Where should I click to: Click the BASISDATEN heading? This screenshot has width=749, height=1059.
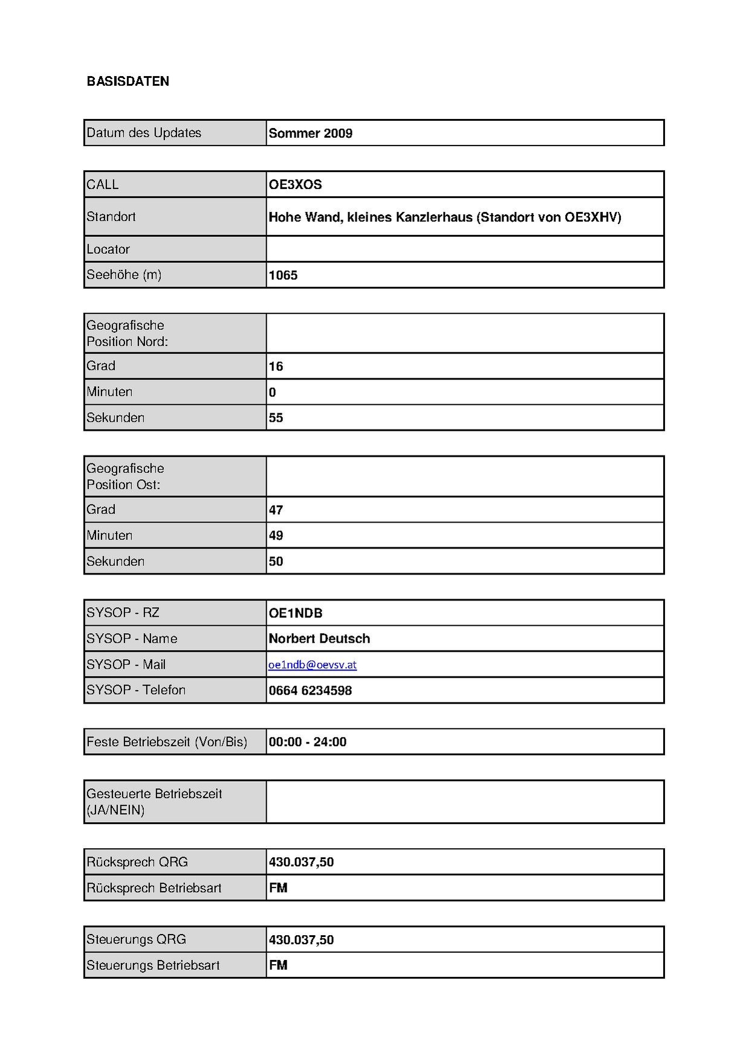click(x=128, y=82)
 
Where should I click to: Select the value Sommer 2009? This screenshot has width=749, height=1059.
click(x=310, y=134)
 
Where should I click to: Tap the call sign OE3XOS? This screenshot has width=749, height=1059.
click(x=295, y=185)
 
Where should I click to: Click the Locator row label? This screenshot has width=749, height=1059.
click(x=108, y=249)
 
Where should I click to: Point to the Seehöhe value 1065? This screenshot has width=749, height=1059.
click(x=283, y=275)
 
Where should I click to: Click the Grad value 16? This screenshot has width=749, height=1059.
click(x=276, y=367)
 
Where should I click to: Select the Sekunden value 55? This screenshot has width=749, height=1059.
click(x=276, y=418)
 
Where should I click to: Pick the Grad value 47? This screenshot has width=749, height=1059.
click(x=276, y=510)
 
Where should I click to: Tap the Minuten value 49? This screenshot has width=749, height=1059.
click(x=276, y=536)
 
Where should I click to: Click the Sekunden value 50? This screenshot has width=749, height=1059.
click(x=276, y=562)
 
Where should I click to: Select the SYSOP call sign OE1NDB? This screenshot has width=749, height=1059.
click(x=296, y=614)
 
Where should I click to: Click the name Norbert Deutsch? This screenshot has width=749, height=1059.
click(x=319, y=639)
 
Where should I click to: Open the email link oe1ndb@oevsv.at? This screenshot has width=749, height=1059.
click(x=313, y=665)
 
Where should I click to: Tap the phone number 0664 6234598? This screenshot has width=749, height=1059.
click(x=310, y=691)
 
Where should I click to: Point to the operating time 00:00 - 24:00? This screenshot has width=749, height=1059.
click(x=307, y=742)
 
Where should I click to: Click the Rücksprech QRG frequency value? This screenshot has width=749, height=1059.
click(x=301, y=863)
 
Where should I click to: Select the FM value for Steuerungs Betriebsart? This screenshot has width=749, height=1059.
click(x=278, y=966)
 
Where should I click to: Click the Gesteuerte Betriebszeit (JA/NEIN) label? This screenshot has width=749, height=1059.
click(x=154, y=802)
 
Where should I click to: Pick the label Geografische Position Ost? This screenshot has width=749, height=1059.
click(x=125, y=477)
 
